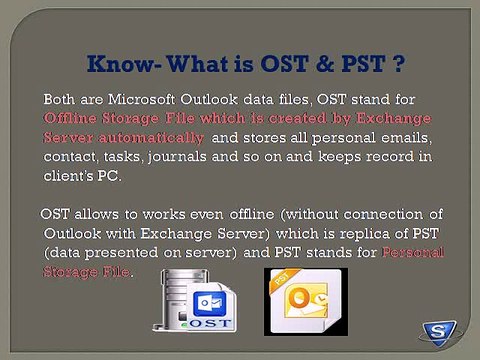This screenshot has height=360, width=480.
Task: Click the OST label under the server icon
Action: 202,322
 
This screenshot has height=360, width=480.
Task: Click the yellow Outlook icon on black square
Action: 300,301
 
